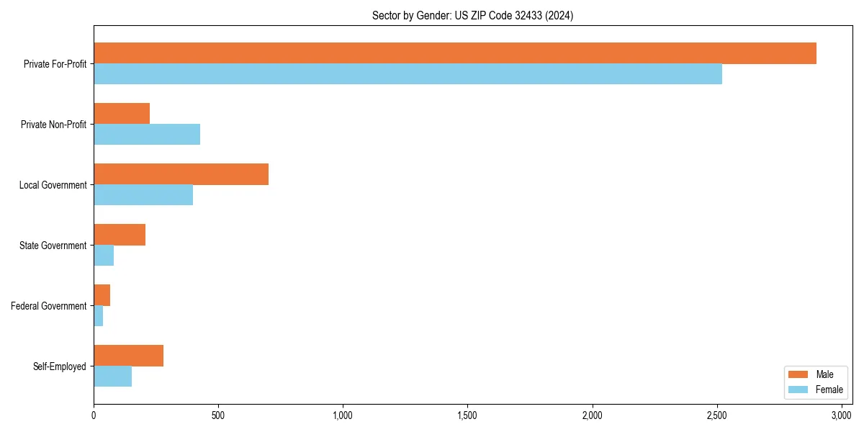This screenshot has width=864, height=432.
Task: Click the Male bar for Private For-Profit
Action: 455,53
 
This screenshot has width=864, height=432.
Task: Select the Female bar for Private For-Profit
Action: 408,74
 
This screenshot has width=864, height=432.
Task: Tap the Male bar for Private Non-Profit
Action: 122,114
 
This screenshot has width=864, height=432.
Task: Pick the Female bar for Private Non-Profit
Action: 147,135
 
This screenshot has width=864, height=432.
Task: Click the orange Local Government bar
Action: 181,174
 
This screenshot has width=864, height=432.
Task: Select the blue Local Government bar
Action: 143,195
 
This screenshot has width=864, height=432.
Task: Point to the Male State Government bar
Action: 120,235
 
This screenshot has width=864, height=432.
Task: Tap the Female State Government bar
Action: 104,256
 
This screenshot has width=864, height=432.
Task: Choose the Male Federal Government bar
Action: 102,295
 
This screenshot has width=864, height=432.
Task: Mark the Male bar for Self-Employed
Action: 128,356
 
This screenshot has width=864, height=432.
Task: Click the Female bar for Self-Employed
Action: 112,377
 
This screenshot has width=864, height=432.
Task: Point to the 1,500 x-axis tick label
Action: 467,415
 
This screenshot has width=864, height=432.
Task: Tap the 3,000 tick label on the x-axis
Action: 841,415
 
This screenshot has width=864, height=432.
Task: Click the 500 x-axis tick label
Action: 218,415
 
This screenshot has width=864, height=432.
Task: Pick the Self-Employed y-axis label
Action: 60,366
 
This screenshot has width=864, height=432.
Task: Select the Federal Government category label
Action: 49,306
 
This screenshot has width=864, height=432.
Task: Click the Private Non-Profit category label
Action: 53,125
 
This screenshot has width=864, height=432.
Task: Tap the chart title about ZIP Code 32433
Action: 472,15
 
